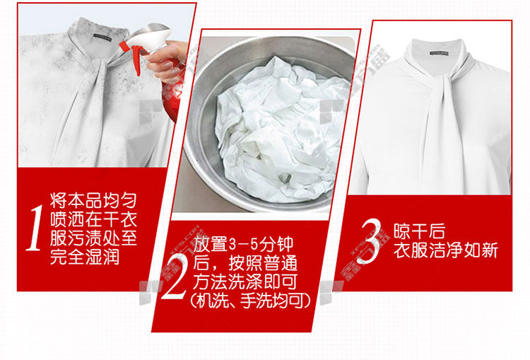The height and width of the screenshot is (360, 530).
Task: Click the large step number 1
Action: [x=35, y=228]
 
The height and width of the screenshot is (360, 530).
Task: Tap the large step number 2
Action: [x=175, y=277]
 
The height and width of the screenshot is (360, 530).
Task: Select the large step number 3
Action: [x=370, y=240]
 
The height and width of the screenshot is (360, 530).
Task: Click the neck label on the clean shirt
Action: [x=439, y=53]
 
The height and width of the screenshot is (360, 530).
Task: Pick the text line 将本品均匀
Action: [x=93, y=200]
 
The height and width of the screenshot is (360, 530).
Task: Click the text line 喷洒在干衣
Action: [x=93, y=219]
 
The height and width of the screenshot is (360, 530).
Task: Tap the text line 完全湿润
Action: [x=85, y=257]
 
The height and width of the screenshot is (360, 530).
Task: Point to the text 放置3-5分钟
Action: [x=243, y=244]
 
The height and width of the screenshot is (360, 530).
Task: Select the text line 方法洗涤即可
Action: [x=245, y=281]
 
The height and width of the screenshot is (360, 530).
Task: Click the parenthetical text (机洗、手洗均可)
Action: [x=250, y=300]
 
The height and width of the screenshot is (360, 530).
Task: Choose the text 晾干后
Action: [x=419, y=231]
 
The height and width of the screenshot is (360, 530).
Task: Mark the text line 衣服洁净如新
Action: [x=445, y=250]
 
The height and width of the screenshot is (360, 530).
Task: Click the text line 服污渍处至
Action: [x=93, y=238]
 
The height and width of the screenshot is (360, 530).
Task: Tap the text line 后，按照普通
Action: [x=245, y=262]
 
